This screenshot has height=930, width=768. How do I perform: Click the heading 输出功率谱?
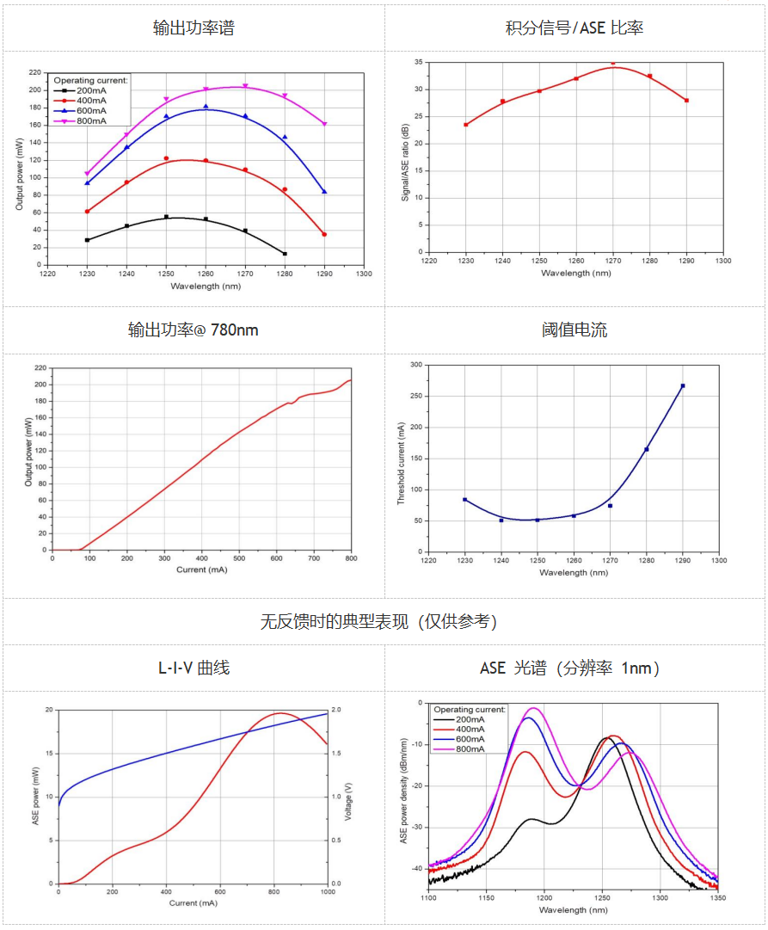194,28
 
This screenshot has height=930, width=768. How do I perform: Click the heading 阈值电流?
574,330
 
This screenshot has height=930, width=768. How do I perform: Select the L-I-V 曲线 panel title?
194,668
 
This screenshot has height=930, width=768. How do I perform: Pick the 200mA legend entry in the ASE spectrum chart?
469,719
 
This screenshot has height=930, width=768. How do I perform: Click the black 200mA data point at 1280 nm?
285,254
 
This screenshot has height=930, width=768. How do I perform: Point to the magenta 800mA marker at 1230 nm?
87,174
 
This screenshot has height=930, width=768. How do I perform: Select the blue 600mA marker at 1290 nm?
324,191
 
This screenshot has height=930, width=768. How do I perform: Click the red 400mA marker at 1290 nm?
324,234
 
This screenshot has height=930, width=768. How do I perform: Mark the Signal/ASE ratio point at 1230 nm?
466,125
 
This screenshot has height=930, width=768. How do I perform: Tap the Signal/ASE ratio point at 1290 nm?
686,101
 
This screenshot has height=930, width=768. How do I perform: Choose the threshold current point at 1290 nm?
683,385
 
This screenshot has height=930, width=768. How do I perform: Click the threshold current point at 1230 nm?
464,499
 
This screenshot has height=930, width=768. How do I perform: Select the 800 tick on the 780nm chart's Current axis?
351,559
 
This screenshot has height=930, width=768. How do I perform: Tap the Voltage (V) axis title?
348,797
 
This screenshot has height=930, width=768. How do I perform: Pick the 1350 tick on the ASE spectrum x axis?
718,897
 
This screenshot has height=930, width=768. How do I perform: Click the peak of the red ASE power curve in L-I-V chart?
280,713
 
